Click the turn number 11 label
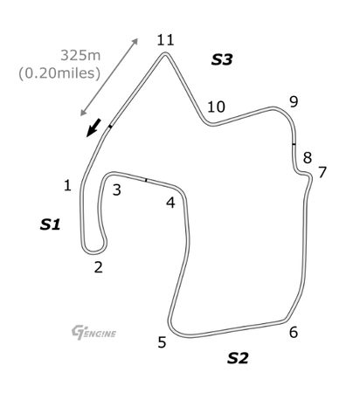[x=165, y=39]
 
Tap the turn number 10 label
[x=216, y=107]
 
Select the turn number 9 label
[x=294, y=101]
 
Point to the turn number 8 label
[x=308, y=157]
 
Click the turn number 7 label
[x=322, y=172]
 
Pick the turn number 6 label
[x=294, y=332]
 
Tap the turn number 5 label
[x=162, y=342]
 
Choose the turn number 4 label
[x=170, y=203]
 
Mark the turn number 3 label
[x=117, y=190]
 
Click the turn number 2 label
[x=99, y=267]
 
